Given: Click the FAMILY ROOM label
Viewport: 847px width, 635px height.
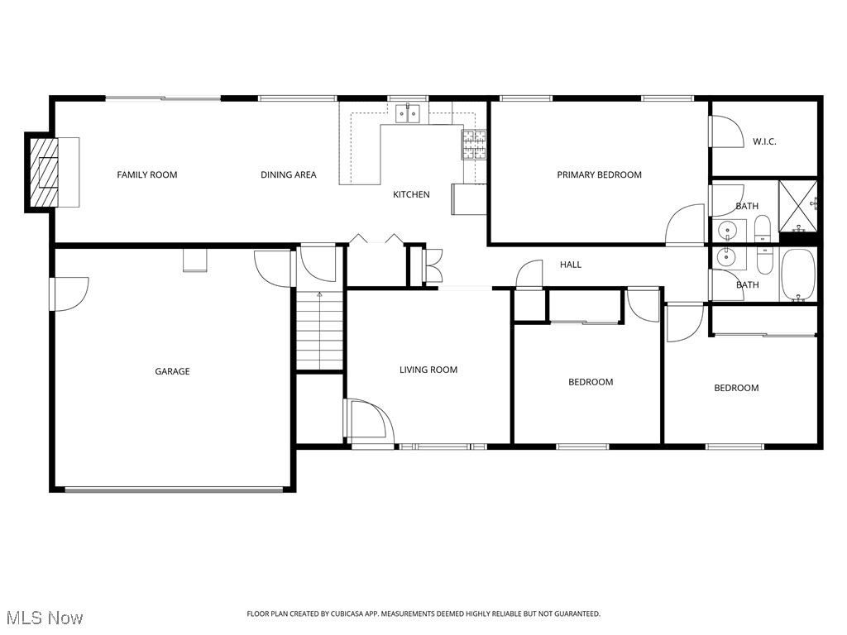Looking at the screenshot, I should click(x=147, y=174).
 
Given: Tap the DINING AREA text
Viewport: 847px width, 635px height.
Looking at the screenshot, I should click(x=288, y=174).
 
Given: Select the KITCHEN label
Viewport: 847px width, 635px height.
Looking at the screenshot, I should click(x=411, y=194).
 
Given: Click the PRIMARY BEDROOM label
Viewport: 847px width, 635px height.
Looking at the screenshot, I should click(x=599, y=174).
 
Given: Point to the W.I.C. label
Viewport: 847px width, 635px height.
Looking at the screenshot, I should click(x=764, y=141).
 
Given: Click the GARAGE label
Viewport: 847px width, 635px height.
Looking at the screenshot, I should click(x=172, y=371).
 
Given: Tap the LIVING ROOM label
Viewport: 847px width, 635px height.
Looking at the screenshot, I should click(x=428, y=370).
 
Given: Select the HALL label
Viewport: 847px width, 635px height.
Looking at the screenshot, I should click(x=571, y=265).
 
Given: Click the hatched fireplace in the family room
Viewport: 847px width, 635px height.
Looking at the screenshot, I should click(x=43, y=172).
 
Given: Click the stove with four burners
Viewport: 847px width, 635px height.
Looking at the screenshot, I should click(x=474, y=145).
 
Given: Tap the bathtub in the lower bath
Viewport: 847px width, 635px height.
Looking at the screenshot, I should click(x=798, y=275).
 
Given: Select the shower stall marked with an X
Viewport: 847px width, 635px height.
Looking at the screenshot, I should click(x=800, y=204).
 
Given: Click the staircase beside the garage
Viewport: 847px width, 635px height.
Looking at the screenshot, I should click(x=319, y=331).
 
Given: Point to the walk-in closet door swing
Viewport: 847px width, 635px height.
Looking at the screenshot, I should click(x=725, y=130).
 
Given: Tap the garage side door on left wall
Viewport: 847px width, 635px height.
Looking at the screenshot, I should click(x=69, y=294).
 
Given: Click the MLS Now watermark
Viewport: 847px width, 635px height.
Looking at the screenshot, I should click(x=45, y=618).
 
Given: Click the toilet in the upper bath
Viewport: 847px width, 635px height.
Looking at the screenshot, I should click(x=763, y=227).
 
